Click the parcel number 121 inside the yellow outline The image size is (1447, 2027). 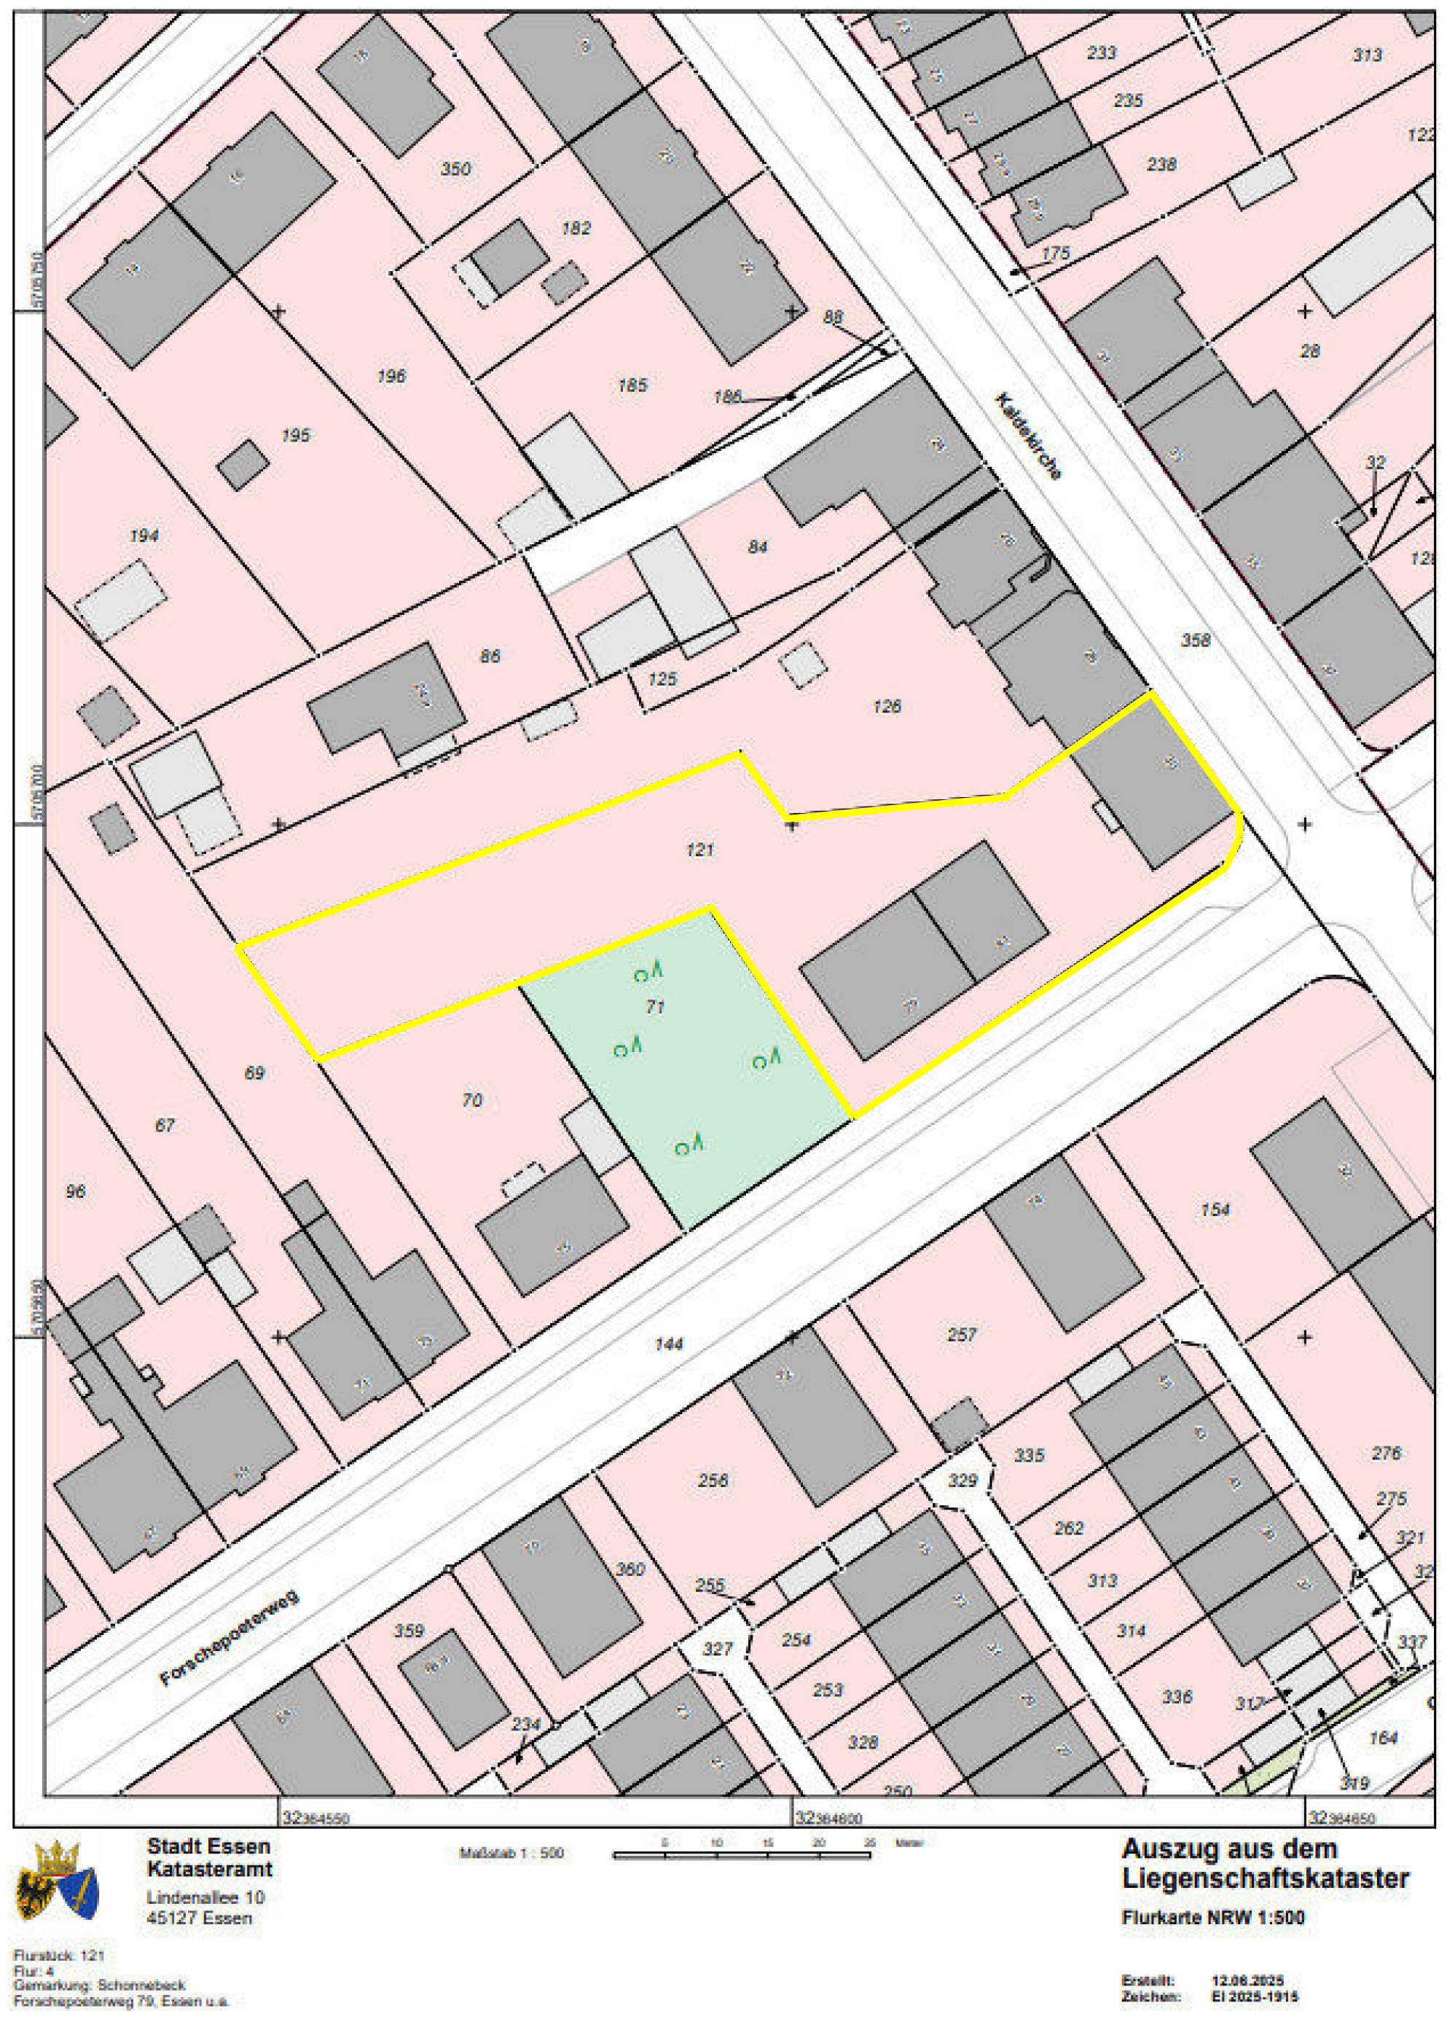[700, 850]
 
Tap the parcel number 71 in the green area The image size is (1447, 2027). [655, 1008]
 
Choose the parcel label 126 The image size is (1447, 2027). [887, 707]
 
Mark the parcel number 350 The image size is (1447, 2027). [455, 169]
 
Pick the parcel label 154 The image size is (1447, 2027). [1215, 1210]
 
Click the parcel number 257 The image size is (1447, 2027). [962, 1335]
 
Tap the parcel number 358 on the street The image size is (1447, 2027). [1195, 640]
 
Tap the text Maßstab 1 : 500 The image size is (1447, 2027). [511, 1854]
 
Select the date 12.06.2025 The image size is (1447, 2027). [1247, 1980]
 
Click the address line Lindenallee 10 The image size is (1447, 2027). [205, 1898]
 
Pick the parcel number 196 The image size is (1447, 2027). [391, 376]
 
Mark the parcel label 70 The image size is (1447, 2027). [471, 1100]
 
